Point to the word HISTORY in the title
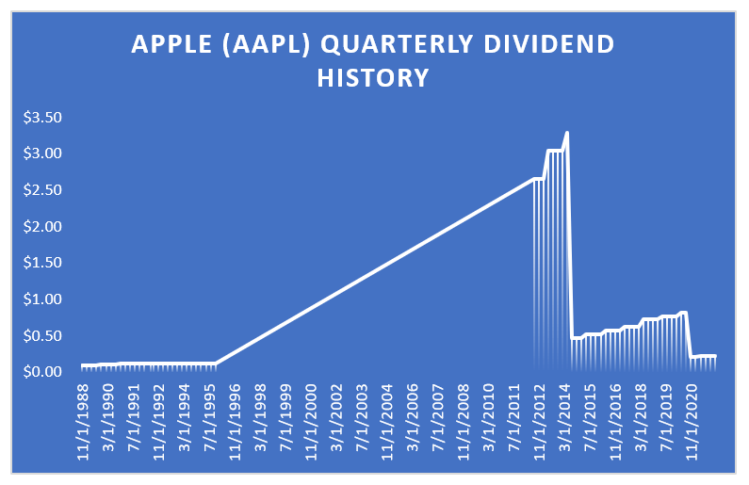click(x=373, y=77)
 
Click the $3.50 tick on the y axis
click(x=42, y=118)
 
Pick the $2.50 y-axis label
click(x=42, y=190)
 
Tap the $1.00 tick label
click(x=42, y=299)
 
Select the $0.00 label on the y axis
click(x=42, y=372)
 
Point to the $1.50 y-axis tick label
click(x=42, y=263)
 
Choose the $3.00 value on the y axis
click(x=42, y=154)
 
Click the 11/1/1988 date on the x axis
click(x=87, y=415)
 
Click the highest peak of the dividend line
click(x=566, y=133)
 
